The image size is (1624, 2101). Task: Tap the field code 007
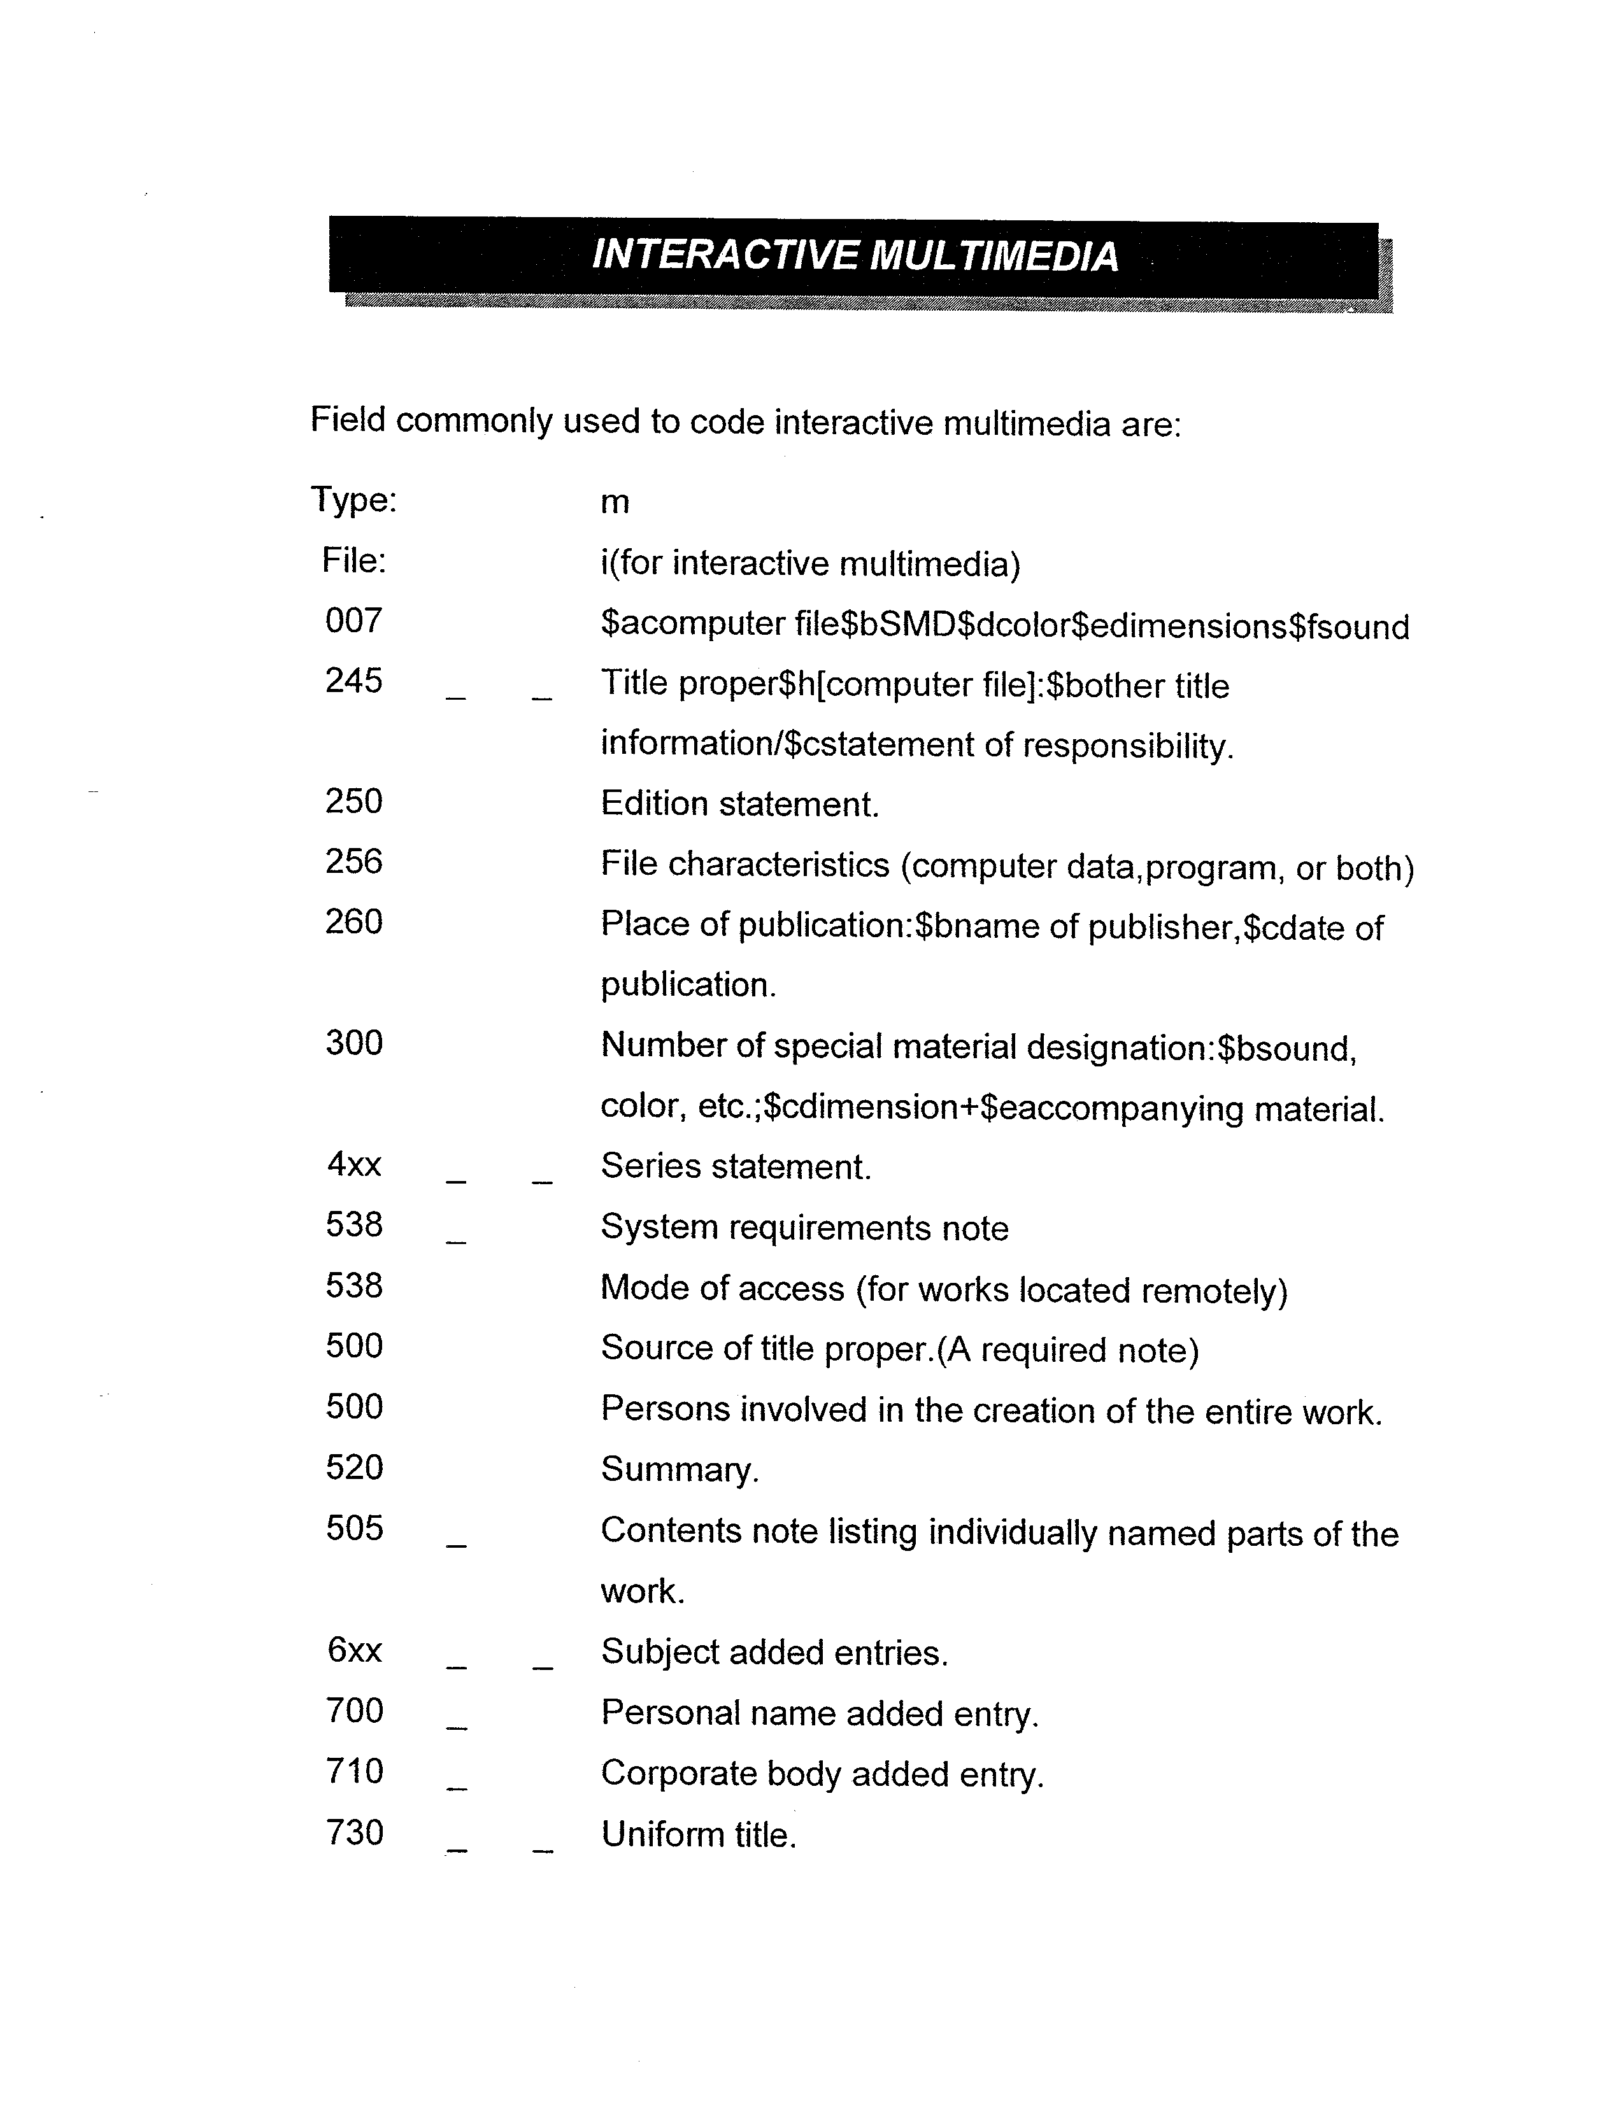point(354,621)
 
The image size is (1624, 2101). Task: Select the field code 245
point(354,681)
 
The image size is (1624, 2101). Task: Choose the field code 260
point(354,923)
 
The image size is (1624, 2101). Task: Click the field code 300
point(354,1043)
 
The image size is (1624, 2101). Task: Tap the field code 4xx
point(354,1165)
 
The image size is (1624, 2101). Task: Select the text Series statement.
point(736,1167)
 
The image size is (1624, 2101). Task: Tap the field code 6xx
point(354,1651)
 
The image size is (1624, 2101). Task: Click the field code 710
point(354,1771)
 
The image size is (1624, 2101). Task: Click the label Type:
point(353,500)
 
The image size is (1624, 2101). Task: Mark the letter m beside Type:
point(615,503)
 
